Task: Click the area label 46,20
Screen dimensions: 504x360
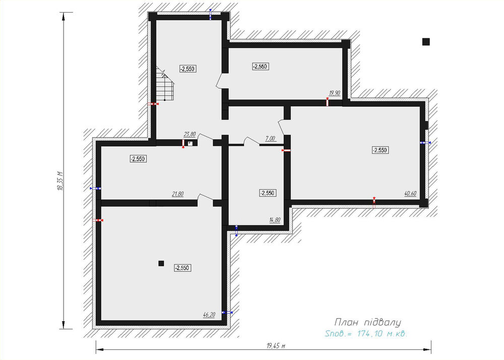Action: [209, 315]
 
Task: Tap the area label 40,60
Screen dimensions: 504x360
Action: [410, 194]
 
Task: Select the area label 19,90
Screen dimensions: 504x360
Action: [334, 93]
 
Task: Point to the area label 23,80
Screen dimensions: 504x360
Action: [190, 134]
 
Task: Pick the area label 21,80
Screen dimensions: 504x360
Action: [178, 194]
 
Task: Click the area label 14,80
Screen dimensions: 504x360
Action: [275, 220]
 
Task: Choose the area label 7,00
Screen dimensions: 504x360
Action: [270, 139]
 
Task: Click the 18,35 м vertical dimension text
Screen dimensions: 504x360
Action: [60, 181]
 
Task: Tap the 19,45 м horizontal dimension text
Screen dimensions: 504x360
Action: [276, 346]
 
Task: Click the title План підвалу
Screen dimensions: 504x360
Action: [368, 322]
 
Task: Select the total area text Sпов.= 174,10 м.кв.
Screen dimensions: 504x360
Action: [366, 334]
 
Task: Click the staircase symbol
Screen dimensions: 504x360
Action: [165, 84]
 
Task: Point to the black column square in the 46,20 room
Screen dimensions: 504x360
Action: [161, 263]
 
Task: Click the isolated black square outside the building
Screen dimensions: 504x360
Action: [426, 41]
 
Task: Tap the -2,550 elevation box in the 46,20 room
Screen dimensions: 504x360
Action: [182, 268]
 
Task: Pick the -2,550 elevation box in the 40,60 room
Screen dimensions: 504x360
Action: [380, 150]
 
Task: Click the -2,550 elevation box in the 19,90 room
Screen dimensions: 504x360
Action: [261, 67]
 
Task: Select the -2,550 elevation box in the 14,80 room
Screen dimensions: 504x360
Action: [268, 193]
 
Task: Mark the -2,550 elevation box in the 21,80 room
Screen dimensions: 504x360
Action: [138, 158]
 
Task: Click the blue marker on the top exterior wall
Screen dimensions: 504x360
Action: [210, 14]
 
